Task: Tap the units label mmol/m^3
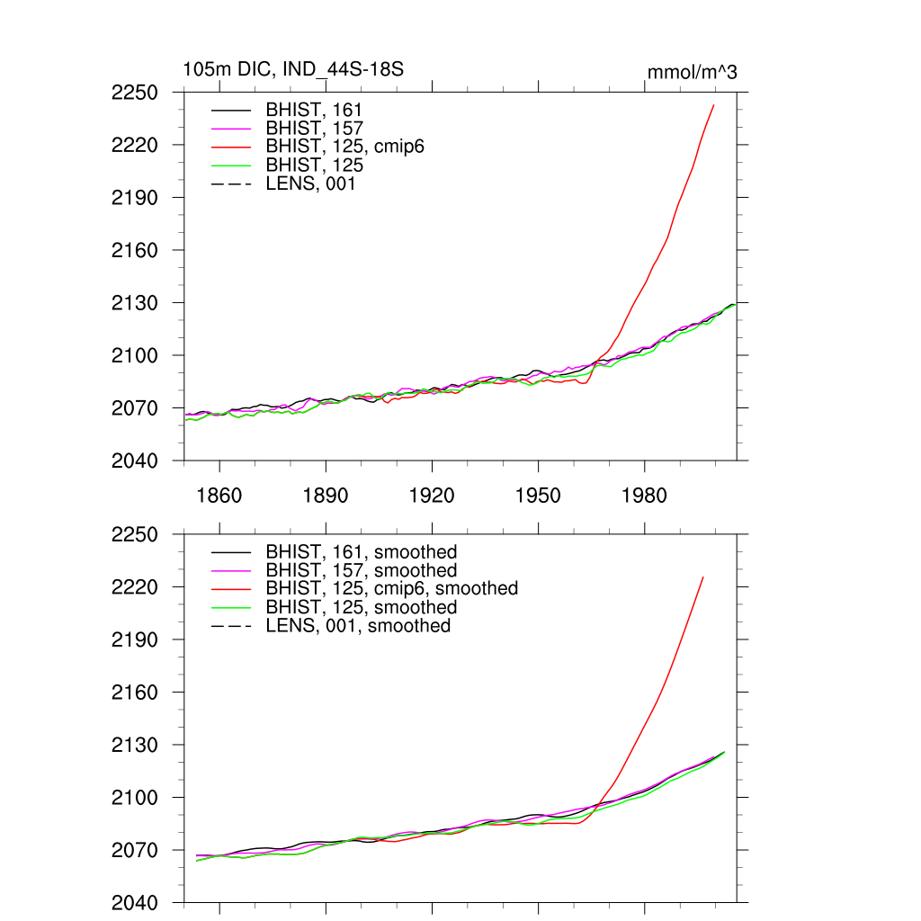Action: click(x=692, y=72)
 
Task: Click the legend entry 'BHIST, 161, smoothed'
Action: click(x=361, y=551)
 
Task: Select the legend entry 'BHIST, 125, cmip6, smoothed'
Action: click(x=391, y=588)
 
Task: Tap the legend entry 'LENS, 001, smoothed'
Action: click(x=358, y=625)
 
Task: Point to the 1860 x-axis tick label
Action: click(x=219, y=496)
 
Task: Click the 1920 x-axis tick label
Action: click(x=432, y=496)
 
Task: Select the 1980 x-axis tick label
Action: click(x=644, y=496)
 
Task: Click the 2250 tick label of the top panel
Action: click(x=135, y=93)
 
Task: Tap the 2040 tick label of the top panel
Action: click(x=135, y=460)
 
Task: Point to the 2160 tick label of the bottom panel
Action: click(x=135, y=693)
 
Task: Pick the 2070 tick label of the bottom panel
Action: click(x=135, y=850)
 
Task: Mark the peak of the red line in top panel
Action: click(x=713, y=105)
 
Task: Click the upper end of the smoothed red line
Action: click(x=703, y=577)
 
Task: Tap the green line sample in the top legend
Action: click(x=230, y=165)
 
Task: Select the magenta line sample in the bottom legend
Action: click(x=230, y=570)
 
